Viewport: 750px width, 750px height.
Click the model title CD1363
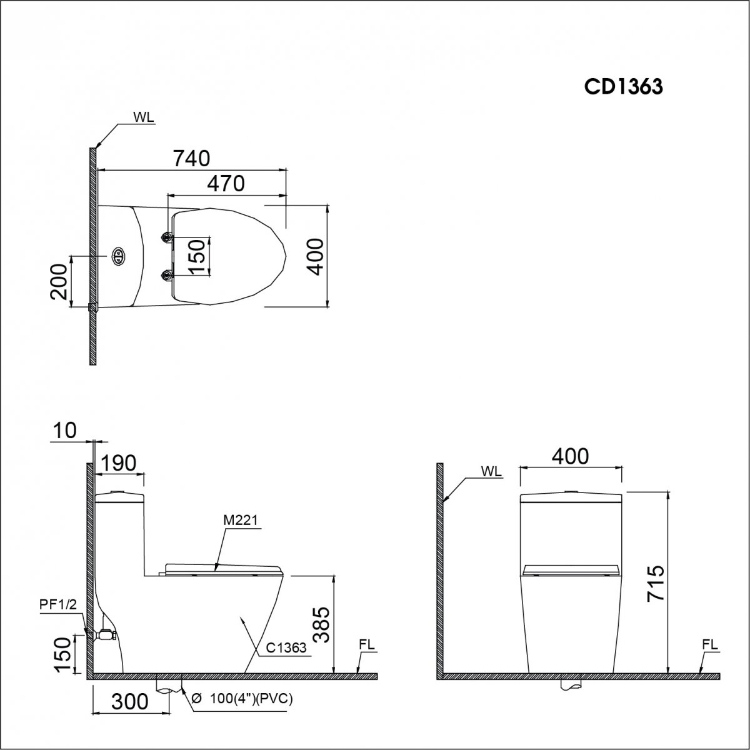[623, 87]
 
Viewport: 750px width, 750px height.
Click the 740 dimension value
[191, 158]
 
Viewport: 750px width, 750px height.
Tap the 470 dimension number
[226, 183]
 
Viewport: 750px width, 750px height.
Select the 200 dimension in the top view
[59, 282]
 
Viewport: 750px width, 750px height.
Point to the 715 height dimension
[656, 584]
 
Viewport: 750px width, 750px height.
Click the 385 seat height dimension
[322, 624]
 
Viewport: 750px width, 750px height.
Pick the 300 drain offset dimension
[130, 702]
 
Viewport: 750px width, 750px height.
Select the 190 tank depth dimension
[119, 463]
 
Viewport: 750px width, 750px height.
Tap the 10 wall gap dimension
[64, 431]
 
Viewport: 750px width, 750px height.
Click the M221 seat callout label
[241, 520]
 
